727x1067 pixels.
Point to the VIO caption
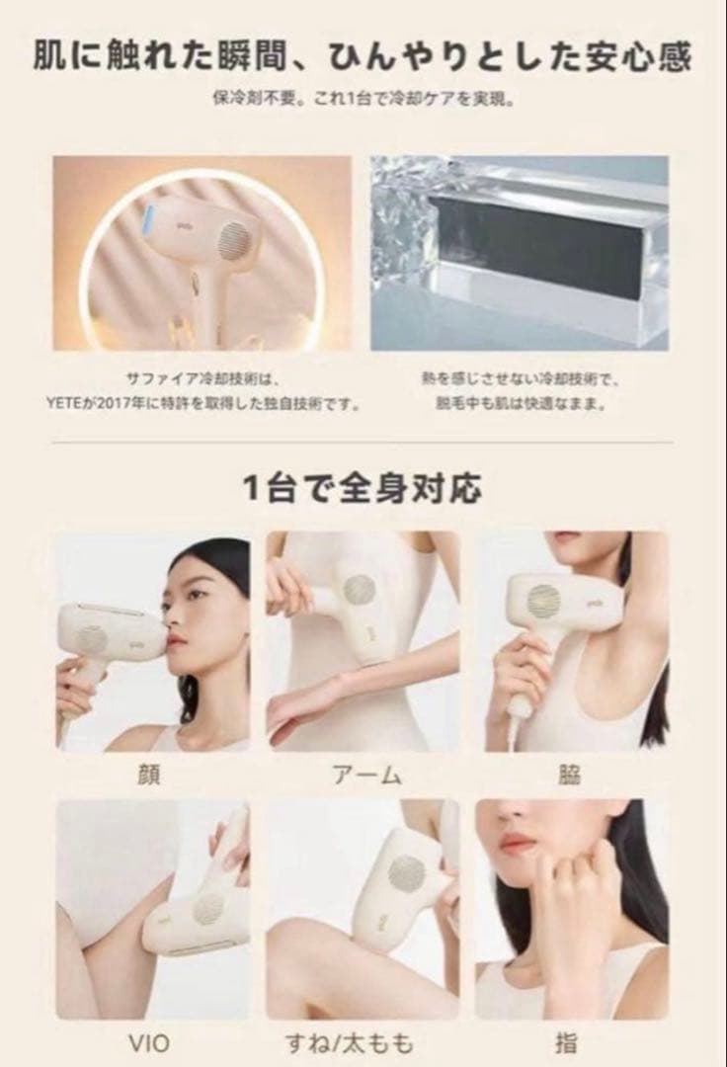pyautogui.click(x=150, y=1043)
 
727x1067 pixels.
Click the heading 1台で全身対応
pyautogui.click(x=363, y=488)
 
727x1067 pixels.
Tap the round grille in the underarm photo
pyautogui.click(x=543, y=600)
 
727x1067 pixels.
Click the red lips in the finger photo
pyautogui.click(x=518, y=844)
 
